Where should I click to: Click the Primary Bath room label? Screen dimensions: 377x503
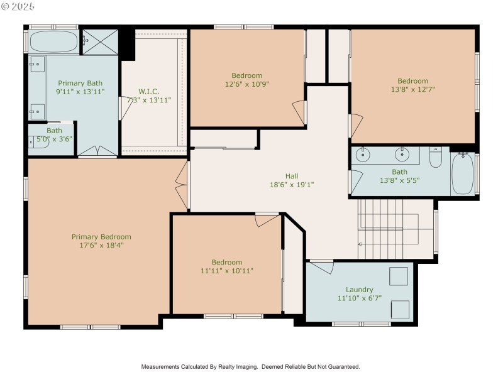tap(80, 83)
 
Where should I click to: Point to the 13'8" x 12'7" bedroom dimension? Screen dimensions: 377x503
tap(412, 89)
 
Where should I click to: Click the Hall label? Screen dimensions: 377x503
tap(291, 176)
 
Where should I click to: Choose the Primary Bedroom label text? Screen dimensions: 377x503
tap(101, 237)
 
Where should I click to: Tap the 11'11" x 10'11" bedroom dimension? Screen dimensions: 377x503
tap(226, 271)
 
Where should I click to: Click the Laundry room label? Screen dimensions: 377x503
tap(359, 290)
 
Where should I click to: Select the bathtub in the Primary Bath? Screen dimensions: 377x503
tap(53, 42)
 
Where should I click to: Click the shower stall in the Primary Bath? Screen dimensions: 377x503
tap(101, 41)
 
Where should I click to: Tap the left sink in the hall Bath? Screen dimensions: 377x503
tap(363, 154)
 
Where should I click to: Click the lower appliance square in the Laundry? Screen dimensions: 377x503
tap(400, 309)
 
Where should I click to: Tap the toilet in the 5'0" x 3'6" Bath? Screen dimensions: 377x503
tap(35, 142)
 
